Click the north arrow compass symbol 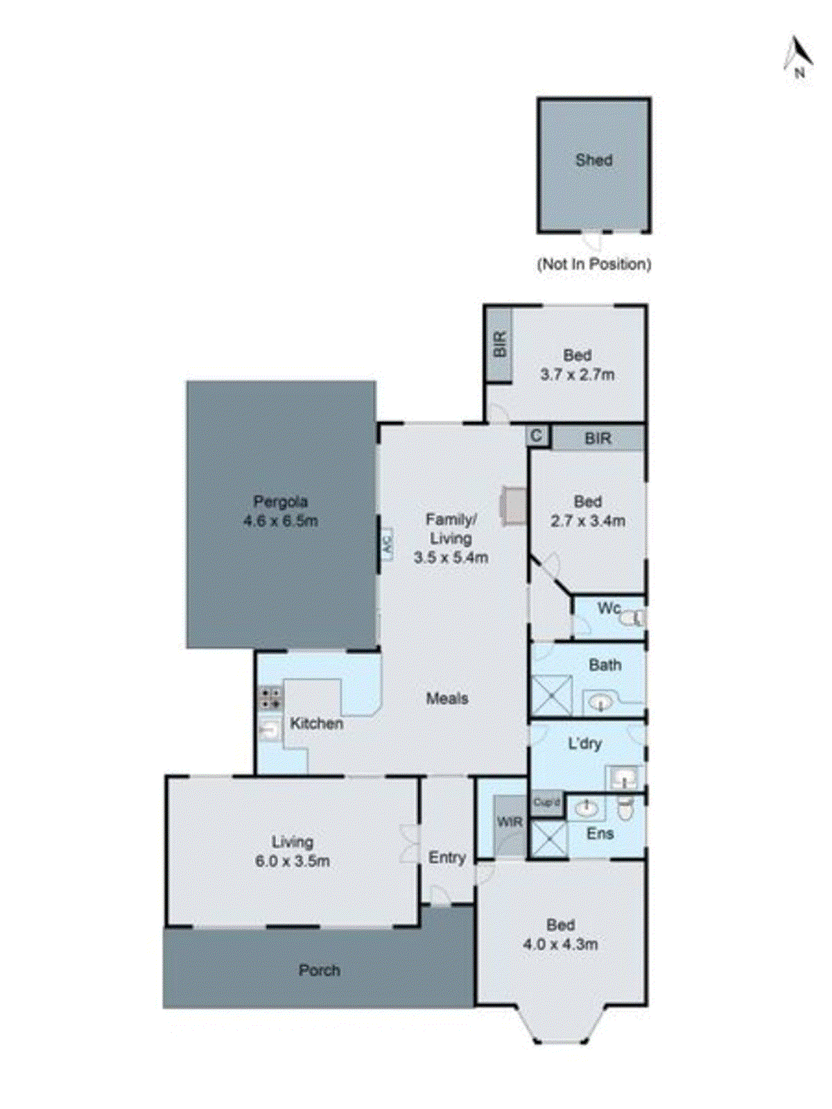click(x=798, y=55)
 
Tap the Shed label click(x=594, y=160)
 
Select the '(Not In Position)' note click(x=594, y=264)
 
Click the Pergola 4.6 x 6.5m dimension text click(x=281, y=521)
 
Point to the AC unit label click(x=387, y=544)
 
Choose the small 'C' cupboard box click(x=537, y=436)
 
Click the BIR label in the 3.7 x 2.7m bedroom click(x=500, y=344)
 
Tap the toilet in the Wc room click(x=632, y=617)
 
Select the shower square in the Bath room click(x=551, y=695)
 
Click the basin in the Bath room click(x=600, y=703)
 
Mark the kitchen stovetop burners click(x=270, y=698)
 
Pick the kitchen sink click(x=270, y=729)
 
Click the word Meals click(x=447, y=699)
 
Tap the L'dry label click(x=585, y=744)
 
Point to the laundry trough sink click(x=625, y=778)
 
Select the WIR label click(x=510, y=823)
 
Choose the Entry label click(x=447, y=858)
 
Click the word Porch click(x=320, y=970)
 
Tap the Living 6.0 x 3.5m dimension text click(x=293, y=862)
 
